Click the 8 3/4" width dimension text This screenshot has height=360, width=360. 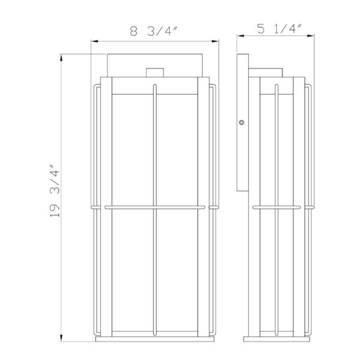[x=154, y=31]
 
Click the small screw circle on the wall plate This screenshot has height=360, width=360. [x=241, y=122]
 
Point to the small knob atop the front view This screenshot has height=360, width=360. [x=154, y=73]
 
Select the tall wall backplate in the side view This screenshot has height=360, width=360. [x=243, y=123]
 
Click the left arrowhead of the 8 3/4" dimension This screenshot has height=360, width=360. [x=93, y=41]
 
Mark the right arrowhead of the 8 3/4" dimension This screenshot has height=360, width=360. [x=215, y=41]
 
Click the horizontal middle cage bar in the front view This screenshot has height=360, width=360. [x=154, y=208]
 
